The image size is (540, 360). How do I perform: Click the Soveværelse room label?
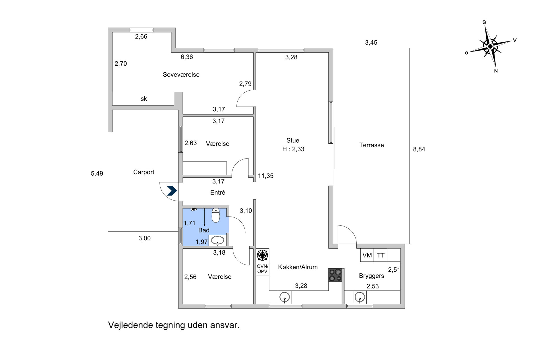click(x=181, y=75)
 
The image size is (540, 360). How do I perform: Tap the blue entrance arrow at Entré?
click(x=172, y=191)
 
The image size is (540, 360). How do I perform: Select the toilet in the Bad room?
click(x=216, y=215)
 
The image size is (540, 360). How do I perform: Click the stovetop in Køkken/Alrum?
click(x=335, y=275)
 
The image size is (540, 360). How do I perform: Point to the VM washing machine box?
click(x=367, y=255)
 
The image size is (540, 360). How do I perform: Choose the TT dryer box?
click(x=381, y=255)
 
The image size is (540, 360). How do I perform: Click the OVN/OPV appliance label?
click(x=262, y=269)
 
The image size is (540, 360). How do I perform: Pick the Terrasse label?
click(x=371, y=145)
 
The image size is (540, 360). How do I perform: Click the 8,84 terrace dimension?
click(x=419, y=149)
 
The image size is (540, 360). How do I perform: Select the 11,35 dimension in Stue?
click(x=266, y=176)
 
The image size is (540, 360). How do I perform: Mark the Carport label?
click(x=144, y=172)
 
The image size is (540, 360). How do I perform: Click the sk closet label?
click(x=144, y=99)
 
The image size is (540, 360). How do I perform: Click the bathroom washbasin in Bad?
click(x=218, y=240)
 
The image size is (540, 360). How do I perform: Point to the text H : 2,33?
click(x=293, y=149)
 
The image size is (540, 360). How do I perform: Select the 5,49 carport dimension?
click(x=97, y=174)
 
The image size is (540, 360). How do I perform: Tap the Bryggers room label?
click(x=371, y=276)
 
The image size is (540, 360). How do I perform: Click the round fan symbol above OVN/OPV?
click(x=262, y=255)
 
